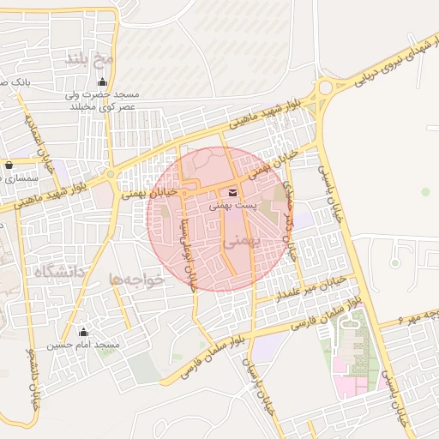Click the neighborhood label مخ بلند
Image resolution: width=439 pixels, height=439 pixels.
pos(89,59)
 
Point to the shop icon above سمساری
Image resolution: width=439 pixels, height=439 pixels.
pos(9,165)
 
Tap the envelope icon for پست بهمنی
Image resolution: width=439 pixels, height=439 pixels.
pos(234,191)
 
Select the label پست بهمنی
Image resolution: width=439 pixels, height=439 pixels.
pos(234,207)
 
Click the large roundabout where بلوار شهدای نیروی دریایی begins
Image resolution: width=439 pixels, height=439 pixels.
pos(325,87)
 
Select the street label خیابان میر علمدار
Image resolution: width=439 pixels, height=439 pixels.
pos(310,288)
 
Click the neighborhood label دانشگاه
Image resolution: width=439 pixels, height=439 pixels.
pos(60,273)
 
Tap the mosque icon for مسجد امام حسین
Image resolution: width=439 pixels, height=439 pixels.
pos(83,331)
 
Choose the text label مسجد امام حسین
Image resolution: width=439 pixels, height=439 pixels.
pos(83,345)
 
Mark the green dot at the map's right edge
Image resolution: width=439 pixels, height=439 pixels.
pos(426,192)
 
